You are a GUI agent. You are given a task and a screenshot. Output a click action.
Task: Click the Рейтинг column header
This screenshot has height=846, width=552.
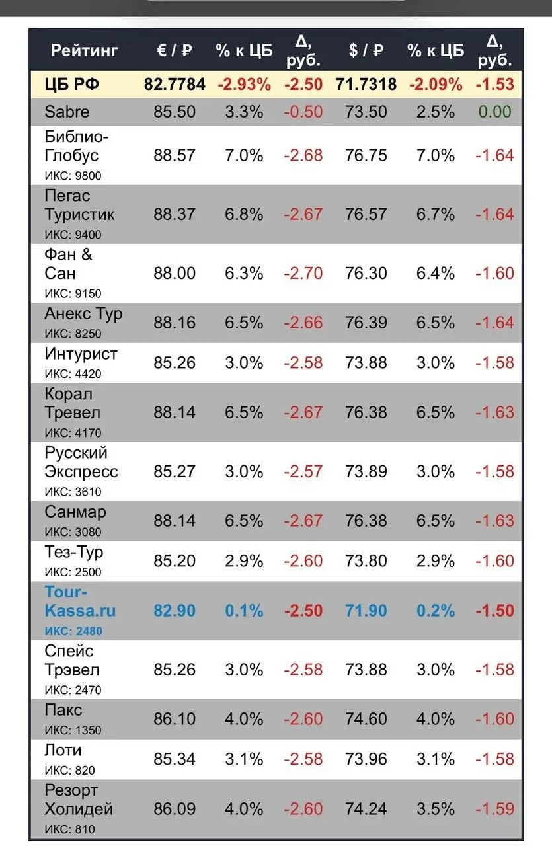click(x=84, y=50)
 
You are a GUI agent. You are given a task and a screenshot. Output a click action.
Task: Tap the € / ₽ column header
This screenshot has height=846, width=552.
click(x=174, y=50)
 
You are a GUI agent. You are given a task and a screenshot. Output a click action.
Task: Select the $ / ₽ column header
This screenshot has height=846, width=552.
click(x=366, y=50)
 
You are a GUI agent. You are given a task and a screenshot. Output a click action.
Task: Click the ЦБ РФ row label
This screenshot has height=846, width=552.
click(x=72, y=84)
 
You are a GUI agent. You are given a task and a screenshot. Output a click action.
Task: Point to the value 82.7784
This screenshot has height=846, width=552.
click(x=175, y=84)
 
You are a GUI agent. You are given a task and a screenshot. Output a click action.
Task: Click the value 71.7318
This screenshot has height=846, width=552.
click(x=366, y=84)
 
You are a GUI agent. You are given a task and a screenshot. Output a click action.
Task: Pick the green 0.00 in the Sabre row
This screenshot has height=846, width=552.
click(x=494, y=112)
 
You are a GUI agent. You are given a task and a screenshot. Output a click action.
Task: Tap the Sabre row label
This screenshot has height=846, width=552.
click(x=67, y=112)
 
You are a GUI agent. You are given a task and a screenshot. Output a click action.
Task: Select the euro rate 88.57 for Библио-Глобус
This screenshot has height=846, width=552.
click(x=174, y=155)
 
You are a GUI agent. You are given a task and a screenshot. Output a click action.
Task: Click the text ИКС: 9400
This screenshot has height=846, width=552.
click(x=73, y=235)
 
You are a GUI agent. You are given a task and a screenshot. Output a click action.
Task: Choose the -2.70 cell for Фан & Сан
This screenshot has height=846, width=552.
click(x=303, y=273)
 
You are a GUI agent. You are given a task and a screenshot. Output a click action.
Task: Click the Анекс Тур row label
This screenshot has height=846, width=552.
click(x=83, y=314)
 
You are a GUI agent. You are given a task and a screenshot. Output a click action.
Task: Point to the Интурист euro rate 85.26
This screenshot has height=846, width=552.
click(x=174, y=363)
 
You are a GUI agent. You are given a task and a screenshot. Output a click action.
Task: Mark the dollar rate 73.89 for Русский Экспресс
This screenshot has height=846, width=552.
click(x=366, y=471)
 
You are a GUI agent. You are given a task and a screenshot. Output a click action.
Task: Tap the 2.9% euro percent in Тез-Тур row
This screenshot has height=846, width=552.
click(x=244, y=561)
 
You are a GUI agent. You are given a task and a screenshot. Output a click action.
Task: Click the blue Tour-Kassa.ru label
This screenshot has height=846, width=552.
click(x=80, y=601)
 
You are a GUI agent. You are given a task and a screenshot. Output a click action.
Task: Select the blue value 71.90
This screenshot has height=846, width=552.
click(x=366, y=611)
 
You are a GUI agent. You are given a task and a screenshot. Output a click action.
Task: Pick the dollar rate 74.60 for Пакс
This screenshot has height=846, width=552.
click(x=366, y=718)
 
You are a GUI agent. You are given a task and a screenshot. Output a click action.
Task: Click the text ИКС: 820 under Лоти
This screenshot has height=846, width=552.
click(x=69, y=770)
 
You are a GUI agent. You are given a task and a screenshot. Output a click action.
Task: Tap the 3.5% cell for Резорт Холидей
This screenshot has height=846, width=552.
click(x=435, y=808)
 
